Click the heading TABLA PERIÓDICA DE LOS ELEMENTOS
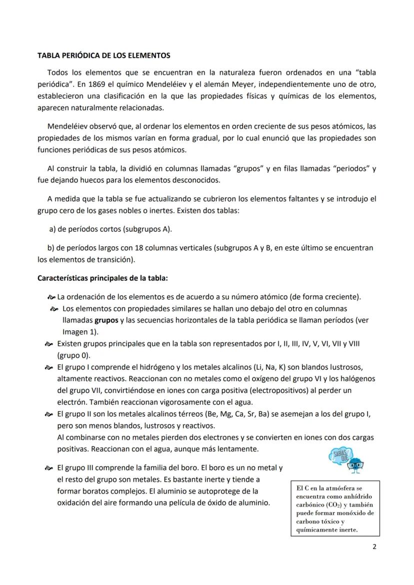[104, 55]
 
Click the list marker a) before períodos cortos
[51, 229]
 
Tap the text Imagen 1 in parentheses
[79, 332]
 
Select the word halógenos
[357, 379]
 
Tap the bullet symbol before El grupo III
[48, 469]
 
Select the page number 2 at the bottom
[374, 547]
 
